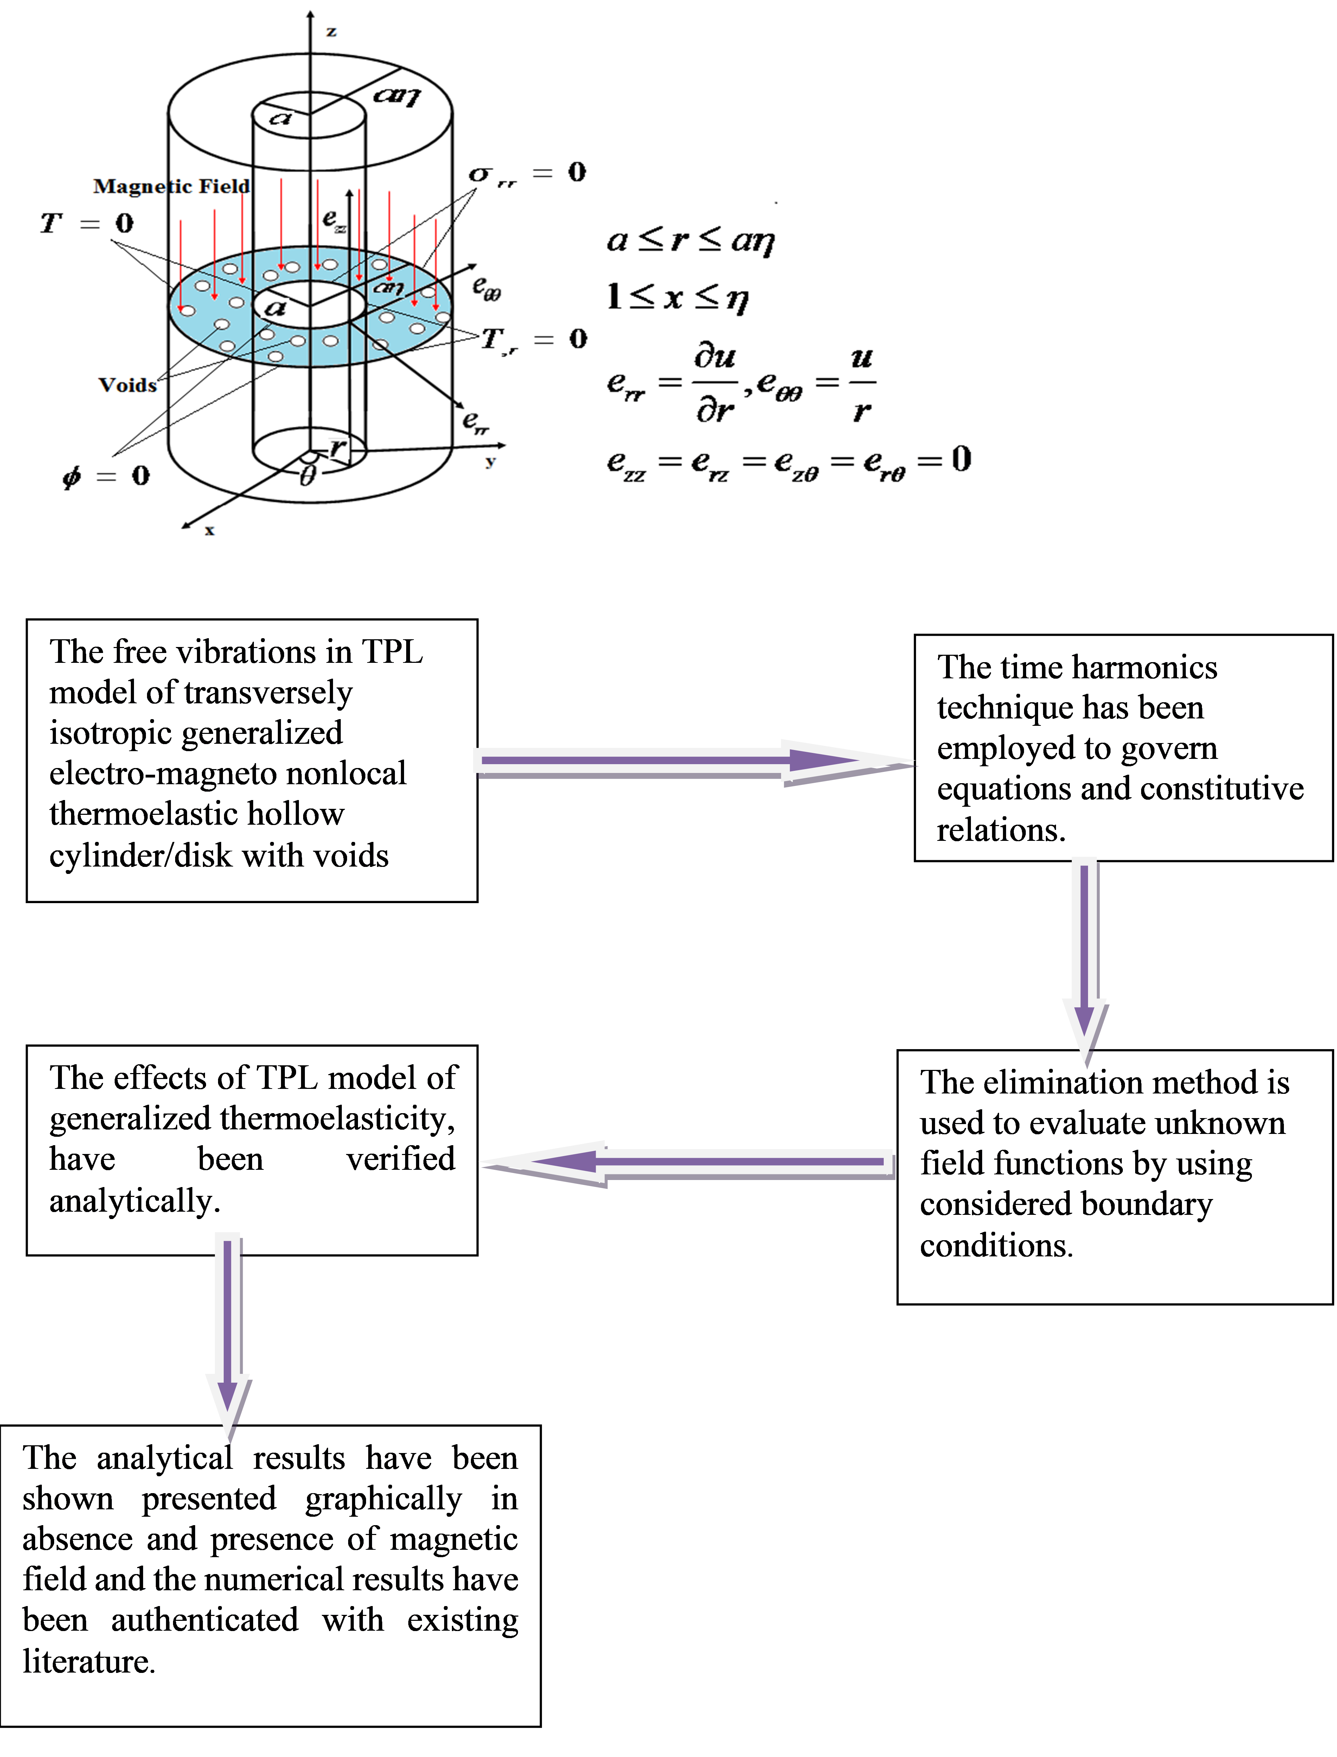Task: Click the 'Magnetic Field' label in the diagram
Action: coord(171,186)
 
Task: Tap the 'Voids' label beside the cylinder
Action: coord(127,385)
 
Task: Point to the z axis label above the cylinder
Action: coord(331,32)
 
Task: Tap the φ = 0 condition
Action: coord(106,476)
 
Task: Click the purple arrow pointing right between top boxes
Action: coord(692,762)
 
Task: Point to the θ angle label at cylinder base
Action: coord(307,476)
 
